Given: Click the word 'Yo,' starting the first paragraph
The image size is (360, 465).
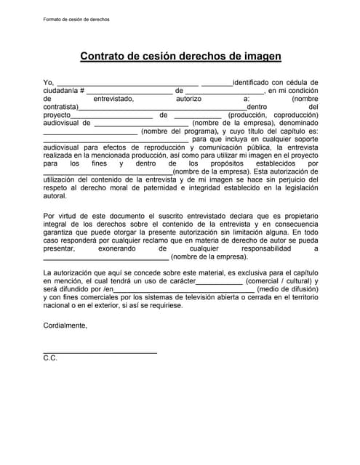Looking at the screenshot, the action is [x=49, y=83].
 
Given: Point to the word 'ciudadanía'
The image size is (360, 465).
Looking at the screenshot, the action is [x=61, y=91].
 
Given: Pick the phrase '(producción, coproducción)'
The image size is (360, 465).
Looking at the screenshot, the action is [x=273, y=115].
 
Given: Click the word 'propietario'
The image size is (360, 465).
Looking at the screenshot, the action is [x=298, y=216].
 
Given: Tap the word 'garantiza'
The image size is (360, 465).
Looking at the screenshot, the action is [x=60, y=232].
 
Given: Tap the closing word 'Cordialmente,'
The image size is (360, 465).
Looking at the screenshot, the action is [x=65, y=325].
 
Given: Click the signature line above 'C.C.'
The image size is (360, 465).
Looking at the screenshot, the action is [x=100, y=352].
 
